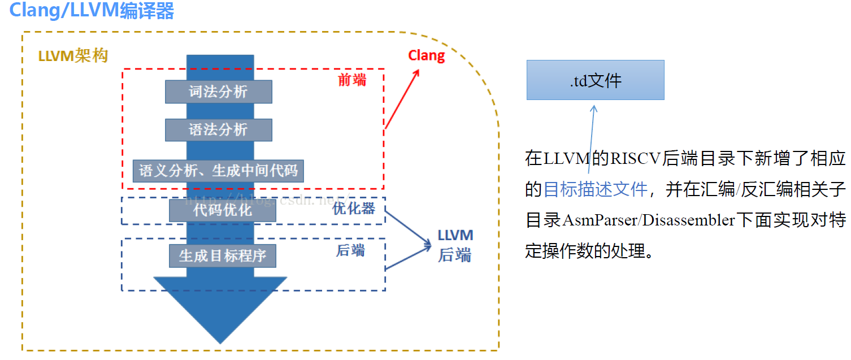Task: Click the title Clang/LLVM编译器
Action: click(92, 11)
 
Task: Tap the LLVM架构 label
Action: click(73, 57)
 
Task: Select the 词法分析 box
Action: click(218, 92)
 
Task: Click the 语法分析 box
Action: click(218, 130)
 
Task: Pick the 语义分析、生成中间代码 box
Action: click(218, 171)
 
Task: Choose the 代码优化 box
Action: click(222, 210)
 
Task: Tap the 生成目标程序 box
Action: click(222, 256)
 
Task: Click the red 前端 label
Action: click(352, 80)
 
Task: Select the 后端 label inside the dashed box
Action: click(350, 250)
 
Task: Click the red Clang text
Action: click(427, 55)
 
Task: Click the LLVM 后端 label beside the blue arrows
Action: click(455, 245)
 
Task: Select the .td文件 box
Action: click(595, 80)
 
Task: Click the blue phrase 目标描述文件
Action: click(595, 189)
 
